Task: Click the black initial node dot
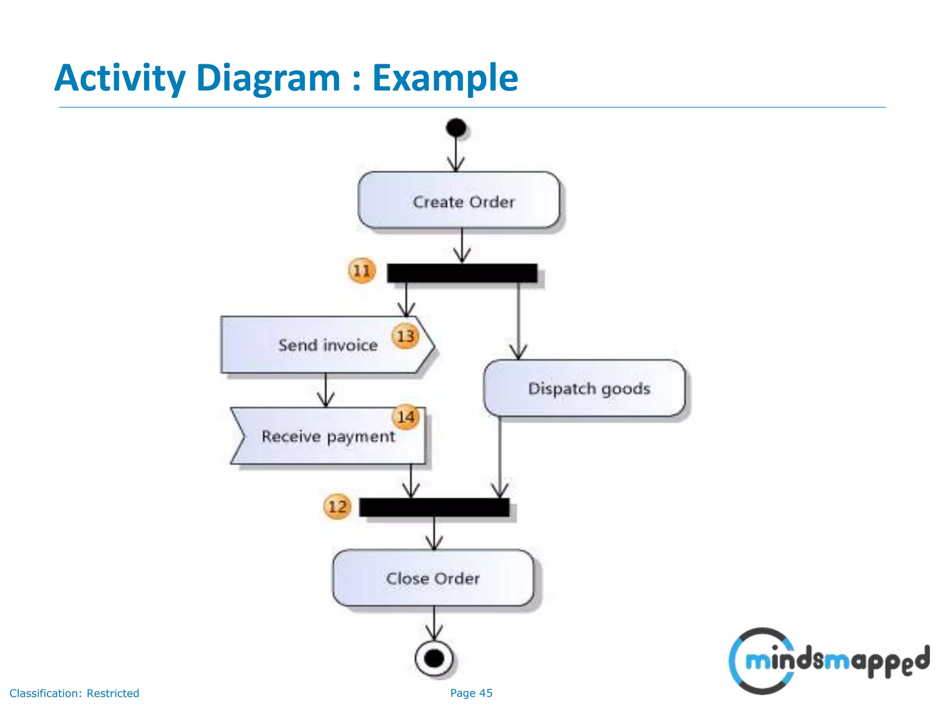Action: [456, 128]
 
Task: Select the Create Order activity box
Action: [459, 200]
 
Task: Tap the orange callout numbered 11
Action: [362, 271]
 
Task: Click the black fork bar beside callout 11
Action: [462, 273]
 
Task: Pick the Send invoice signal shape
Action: [322, 345]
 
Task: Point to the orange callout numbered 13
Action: [405, 336]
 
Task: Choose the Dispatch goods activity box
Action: [585, 388]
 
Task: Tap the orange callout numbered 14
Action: [405, 417]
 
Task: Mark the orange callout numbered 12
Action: [337, 507]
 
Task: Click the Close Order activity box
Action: [433, 578]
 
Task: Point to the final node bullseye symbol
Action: [434, 658]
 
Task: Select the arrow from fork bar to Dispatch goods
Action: [518, 322]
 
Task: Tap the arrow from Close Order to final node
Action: [434, 623]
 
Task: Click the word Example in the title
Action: [445, 78]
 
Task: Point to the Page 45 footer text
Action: [471, 693]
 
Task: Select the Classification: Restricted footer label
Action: [75, 693]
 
